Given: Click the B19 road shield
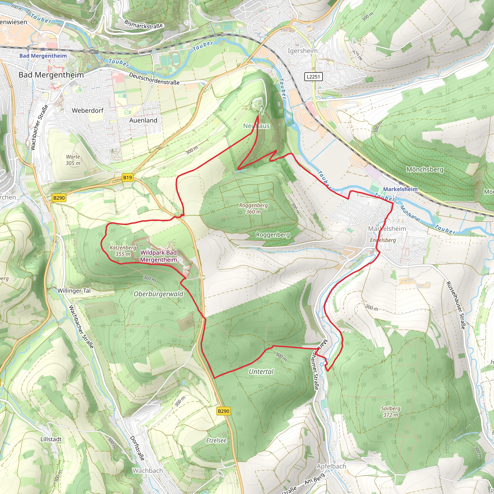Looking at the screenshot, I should tap(127, 178).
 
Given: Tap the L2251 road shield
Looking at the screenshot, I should tap(313, 76).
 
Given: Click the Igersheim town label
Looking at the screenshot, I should tap(302, 51).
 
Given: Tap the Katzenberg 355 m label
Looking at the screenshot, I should tap(123, 251).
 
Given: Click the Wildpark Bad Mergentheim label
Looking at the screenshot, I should tap(158, 256).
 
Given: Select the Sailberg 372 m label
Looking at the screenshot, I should tap(391, 412).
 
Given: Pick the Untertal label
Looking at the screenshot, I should tap(261, 372).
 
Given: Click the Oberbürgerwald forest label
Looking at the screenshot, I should tap(158, 294).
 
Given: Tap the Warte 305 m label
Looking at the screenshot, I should tap(73, 160).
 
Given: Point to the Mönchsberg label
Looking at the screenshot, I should tap(425, 170).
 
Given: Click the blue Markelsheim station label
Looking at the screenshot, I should tap(400, 189).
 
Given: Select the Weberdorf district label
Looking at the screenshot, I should tap(88, 111).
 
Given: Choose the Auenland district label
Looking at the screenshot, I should tap(143, 120).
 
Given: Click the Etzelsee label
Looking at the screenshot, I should tap(216, 440).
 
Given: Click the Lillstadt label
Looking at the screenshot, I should tap(51, 439).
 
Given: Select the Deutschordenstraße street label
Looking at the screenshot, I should tap(154, 79).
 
